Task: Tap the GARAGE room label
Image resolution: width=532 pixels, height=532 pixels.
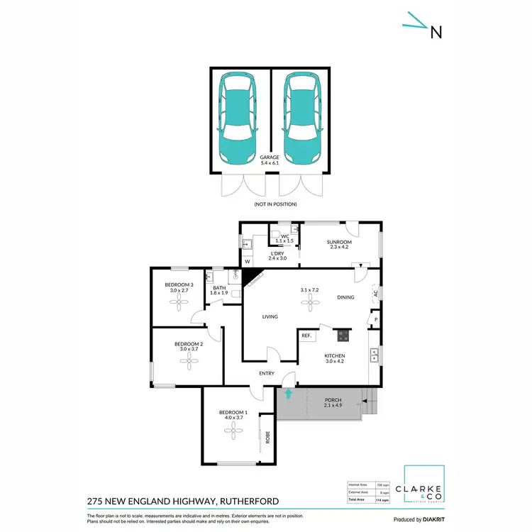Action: tap(269, 157)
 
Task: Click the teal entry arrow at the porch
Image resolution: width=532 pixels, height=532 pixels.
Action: tap(288, 392)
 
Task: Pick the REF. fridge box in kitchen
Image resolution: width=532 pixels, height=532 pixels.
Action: tap(307, 336)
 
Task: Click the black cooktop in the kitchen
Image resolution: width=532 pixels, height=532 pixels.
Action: tap(343, 336)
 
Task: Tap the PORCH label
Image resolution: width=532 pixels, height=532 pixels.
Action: tap(333, 401)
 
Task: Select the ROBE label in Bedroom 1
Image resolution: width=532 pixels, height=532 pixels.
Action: tap(267, 438)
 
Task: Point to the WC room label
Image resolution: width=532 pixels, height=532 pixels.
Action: tap(284, 236)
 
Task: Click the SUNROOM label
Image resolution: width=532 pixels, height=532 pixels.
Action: tap(339, 242)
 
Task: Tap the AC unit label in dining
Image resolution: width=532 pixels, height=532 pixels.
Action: tap(375, 292)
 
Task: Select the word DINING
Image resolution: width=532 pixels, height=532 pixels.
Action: tap(345, 297)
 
